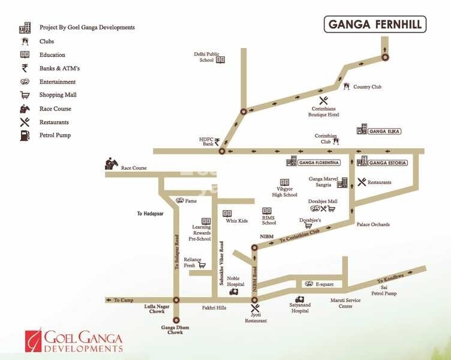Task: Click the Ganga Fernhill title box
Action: pyautogui.click(x=375, y=25)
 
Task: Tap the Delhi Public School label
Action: pyautogui.click(x=203, y=57)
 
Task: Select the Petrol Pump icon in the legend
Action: pyautogui.click(x=25, y=135)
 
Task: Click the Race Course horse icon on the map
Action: pyautogui.click(x=112, y=163)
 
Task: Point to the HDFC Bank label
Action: pyautogui.click(x=206, y=142)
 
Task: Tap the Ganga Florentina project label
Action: pyautogui.click(x=320, y=163)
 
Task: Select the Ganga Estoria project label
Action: pyautogui.click(x=388, y=163)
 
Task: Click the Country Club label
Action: pyautogui.click(x=367, y=87)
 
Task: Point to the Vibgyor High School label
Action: pyautogui.click(x=284, y=191)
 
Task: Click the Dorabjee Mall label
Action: pyautogui.click(x=323, y=202)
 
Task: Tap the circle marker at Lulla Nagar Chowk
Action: pyautogui.click(x=176, y=299)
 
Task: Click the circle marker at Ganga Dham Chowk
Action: pyautogui.click(x=176, y=320)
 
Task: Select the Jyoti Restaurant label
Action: pyautogui.click(x=256, y=317)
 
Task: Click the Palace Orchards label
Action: pyautogui.click(x=373, y=224)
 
